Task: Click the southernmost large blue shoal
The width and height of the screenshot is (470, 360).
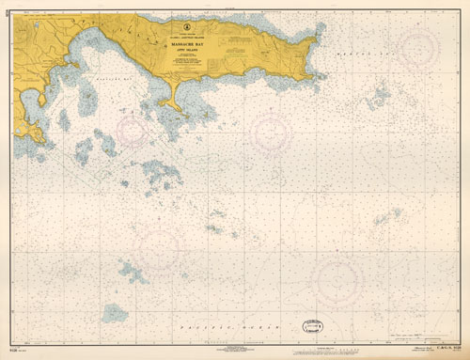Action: (115, 312)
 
